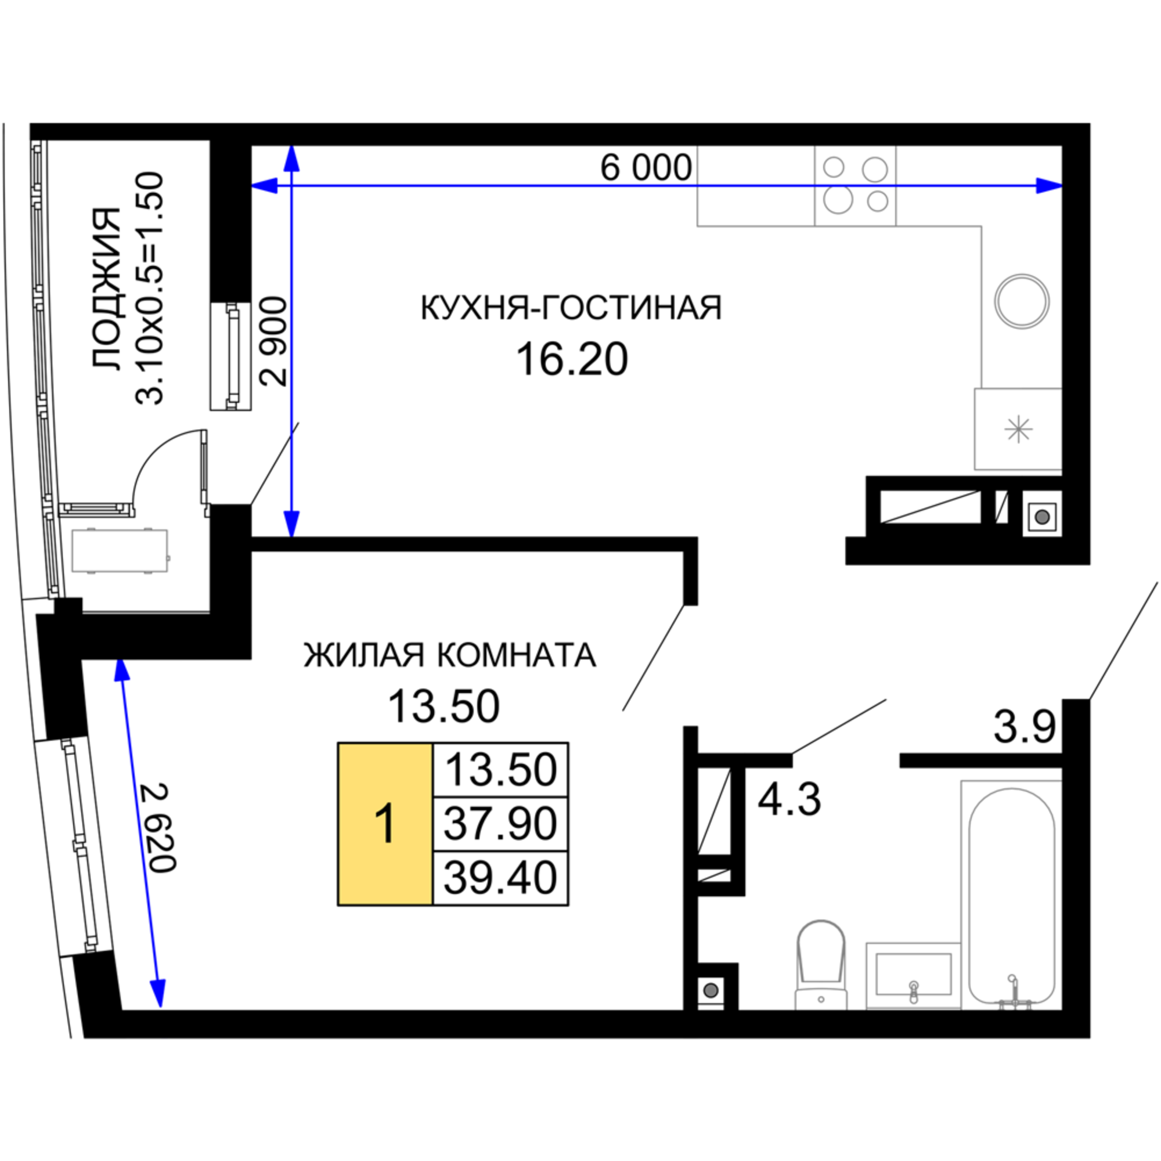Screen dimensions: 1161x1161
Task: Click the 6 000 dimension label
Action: coord(646,168)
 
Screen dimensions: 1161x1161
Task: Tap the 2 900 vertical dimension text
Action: coord(273,341)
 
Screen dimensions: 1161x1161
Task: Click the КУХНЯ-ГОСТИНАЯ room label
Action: coord(571,308)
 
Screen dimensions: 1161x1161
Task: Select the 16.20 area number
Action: coord(572,359)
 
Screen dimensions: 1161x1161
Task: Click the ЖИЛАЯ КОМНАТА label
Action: coord(449,654)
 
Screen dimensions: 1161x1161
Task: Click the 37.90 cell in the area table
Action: coord(500,823)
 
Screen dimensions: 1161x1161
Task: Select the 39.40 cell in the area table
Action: coord(500,877)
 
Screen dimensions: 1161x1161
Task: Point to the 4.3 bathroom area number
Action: coord(789,799)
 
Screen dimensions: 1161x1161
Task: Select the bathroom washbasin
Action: coord(913,976)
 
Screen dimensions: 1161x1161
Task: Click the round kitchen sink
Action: coord(1022,301)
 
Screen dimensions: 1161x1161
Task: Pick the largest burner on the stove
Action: coord(838,200)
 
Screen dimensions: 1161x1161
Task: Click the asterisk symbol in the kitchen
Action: coord(1019,429)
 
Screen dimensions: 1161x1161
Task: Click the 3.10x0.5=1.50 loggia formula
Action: coord(149,289)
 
